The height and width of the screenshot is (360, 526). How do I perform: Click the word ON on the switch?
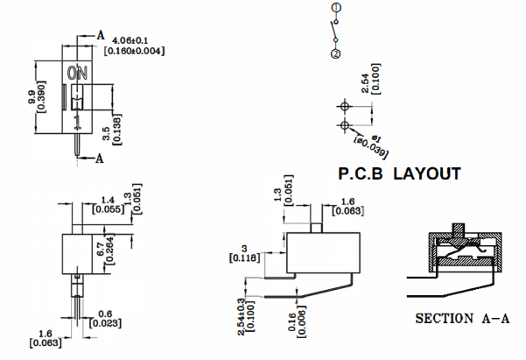(x=77, y=73)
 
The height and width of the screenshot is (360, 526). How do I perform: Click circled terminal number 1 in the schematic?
(x=335, y=9)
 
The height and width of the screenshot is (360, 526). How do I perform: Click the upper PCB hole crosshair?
(x=344, y=105)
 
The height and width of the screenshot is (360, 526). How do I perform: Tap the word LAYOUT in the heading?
(x=426, y=174)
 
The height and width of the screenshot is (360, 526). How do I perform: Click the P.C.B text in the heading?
(x=361, y=174)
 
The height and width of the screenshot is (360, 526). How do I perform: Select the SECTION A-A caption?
(x=462, y=319)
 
